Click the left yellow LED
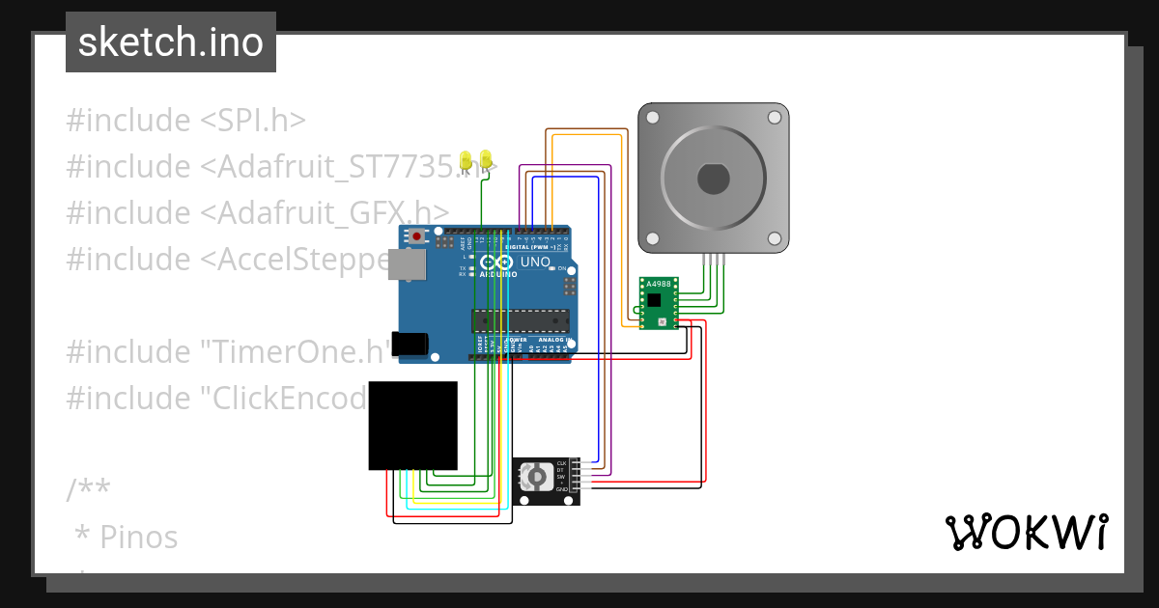coord(466,158)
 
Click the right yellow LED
coord(485,158)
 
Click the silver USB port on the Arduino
coord(407,264)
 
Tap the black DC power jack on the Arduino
coord(410,345)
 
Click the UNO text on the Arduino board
coord(535,263)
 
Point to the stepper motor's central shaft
coord(713,179)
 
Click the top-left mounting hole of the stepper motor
coord(653,118)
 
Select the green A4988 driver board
coord(659,302)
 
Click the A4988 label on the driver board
coord(657,284)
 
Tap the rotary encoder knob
coord(534,477)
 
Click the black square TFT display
coord(412,426)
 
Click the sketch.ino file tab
coord(171,42)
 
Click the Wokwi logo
coord(1026,532)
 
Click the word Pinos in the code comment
coord(138,537)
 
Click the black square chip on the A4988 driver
coord(654,300)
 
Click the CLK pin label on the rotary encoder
coord(561,464)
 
